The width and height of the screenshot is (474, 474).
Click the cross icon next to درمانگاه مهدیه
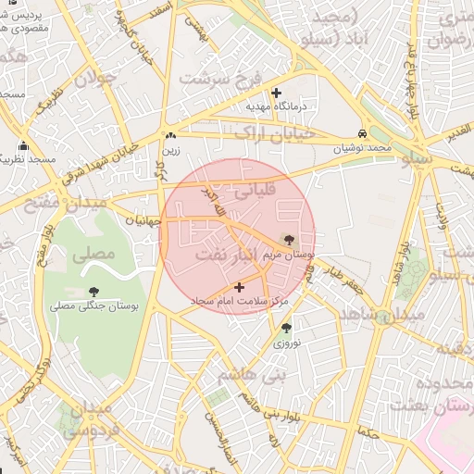pos(276,93)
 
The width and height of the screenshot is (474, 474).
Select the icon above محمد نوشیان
pos(361,132)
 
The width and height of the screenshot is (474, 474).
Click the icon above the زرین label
pos(170,133)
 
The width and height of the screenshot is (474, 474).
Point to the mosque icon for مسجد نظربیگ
pos(23,146)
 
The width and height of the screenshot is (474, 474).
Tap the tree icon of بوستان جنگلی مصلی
pos(94,292)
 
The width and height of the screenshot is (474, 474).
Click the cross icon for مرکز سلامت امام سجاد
pos(241,288)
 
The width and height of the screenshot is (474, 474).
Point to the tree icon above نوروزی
pos(285,328)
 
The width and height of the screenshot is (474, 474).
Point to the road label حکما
pos(368,433)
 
